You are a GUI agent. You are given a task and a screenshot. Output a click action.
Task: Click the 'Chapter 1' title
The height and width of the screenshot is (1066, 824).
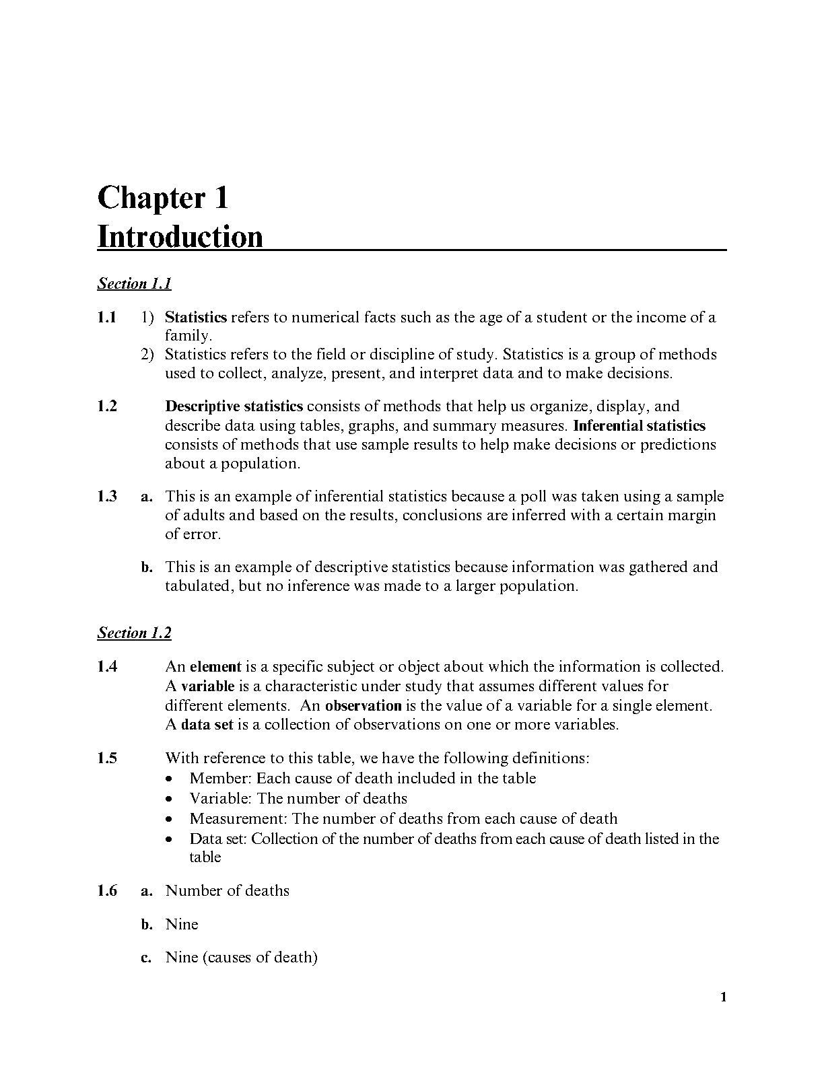[163, 199]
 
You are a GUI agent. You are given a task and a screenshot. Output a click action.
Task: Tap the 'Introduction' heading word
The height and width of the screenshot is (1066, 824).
[180, 237]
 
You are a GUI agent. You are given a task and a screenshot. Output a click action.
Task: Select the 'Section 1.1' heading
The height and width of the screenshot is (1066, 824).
[134, 283]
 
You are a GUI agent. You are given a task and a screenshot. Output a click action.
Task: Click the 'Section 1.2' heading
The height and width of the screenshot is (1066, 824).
[134, 633]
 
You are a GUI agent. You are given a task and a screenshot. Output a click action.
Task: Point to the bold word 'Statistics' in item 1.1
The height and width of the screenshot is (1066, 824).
[196, 317]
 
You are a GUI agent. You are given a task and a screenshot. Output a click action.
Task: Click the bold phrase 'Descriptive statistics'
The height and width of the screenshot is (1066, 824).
[234, 406]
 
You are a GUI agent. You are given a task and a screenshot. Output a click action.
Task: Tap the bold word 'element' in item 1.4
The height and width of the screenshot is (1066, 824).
[215, 667]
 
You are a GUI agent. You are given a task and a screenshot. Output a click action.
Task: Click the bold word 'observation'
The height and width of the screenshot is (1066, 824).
[363, 706]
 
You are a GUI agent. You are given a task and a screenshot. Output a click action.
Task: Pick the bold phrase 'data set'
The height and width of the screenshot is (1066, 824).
[207, 725]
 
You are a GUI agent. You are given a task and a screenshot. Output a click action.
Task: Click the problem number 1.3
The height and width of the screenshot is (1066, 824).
[106, 497]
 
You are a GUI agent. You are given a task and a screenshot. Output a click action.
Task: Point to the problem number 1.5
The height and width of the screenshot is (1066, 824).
[106, 758]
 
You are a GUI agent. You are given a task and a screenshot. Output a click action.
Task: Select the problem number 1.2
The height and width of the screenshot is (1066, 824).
[106, 406]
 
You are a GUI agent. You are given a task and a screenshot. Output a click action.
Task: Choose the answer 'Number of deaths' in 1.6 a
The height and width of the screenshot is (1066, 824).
[227, 891]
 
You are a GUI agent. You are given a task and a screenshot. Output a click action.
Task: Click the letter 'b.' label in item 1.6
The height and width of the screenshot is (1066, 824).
[147, 925]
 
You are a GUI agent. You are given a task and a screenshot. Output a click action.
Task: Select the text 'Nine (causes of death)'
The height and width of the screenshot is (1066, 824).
[241, 957]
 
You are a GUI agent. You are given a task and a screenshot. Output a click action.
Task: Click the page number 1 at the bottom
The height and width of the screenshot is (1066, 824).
[723, 997]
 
